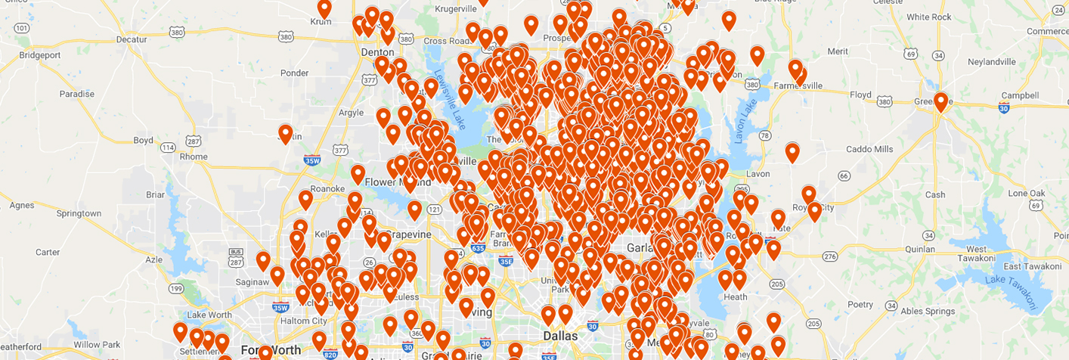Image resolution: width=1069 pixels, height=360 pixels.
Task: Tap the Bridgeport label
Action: pyautogui.click(x=39, y=54)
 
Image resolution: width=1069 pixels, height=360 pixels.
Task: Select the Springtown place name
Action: pyautogui.click(x=79, y=213)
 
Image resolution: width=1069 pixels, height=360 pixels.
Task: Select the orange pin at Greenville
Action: pyautogui.click(x=940, y=102)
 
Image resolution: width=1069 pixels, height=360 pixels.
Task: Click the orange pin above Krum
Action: pyautogui.click(x=324, y=8)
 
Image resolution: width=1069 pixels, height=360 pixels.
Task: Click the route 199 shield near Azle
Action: pyautogui.click(x=177, y=288)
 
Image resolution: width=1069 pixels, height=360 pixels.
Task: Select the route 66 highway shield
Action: pyautogui.click(x=843, y=175)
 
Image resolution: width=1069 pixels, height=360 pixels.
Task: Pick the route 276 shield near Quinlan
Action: pyautogui.click(x=830, y=257)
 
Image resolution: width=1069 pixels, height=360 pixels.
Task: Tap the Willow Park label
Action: pyautogui.click(x=97, y=345)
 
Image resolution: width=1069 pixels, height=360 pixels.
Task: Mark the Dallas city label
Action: pyautogui.click(x=560, y=336)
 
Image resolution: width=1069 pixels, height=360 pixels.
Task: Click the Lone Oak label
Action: pyautogui.click(x=1026, y=193)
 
